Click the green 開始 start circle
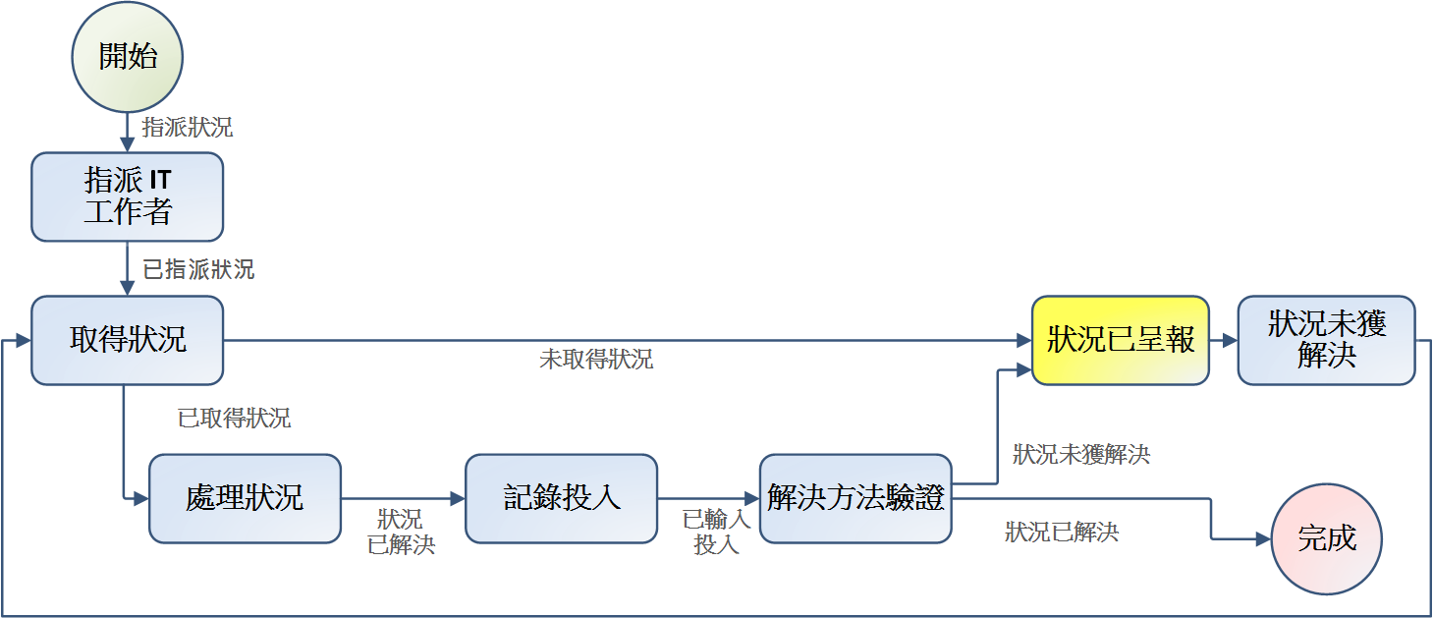click(128, 56)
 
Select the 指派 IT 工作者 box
click(128, 197)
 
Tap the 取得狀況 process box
click(128, 340)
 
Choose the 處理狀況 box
click(245, 498)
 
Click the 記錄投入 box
click(561, 498)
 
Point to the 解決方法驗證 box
click(855, 498)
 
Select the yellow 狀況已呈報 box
click(1121, 340)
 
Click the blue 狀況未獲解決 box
click(1326, 340)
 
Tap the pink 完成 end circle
click(1326, 538)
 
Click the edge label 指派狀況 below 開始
click(188, 128)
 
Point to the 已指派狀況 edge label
click(198, 269)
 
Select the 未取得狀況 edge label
click(596, 360)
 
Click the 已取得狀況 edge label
click(234, 419)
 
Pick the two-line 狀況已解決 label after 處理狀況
click(401, 532)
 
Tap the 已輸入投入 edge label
click(716, 532)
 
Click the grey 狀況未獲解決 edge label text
click(1081, 455)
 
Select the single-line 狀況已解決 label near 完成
click(1062, 533)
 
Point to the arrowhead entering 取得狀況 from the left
click(24, 340)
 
